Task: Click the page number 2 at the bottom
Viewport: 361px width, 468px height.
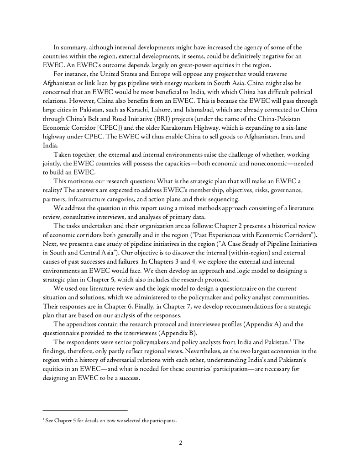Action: (x=181, y=442)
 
